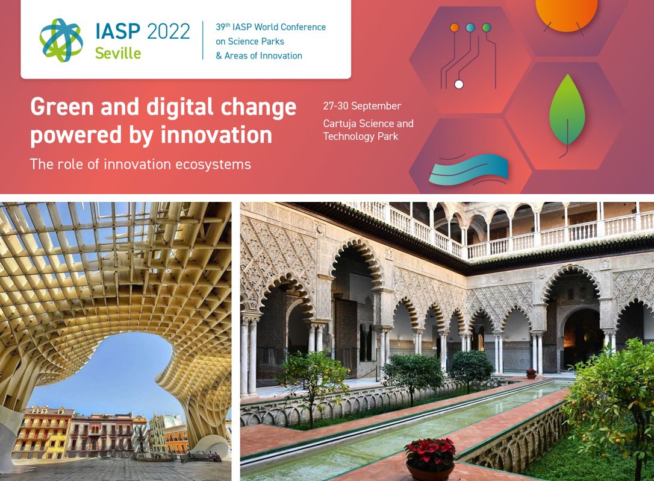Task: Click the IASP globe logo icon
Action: (61, 40)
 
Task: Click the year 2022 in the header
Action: (169, 32)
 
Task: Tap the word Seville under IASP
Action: (118, 54)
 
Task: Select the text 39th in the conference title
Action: (223, 27)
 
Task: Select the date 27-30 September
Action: (362, 106)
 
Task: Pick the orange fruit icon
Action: (566, 13)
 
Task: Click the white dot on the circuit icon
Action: (459, 84)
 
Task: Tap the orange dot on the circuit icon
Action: (455, 28)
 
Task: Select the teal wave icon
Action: (469, 169)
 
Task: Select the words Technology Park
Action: (361, 137)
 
